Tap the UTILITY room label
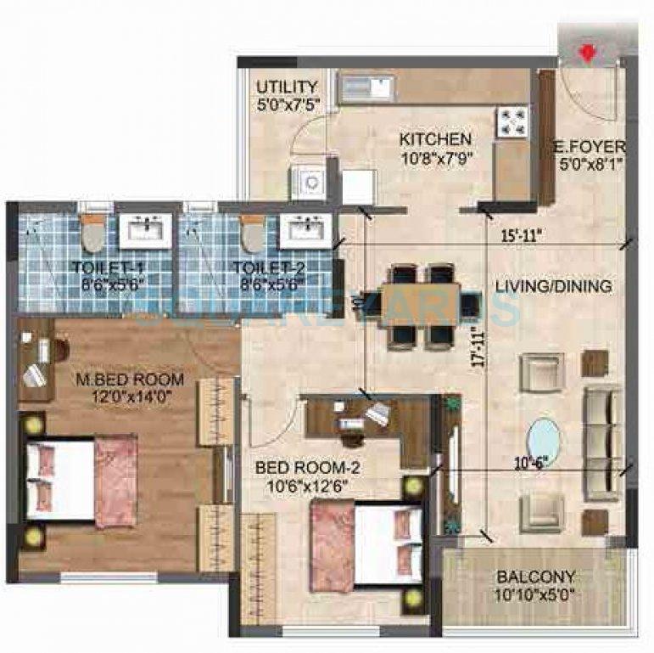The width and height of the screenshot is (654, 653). (x=288, y=87)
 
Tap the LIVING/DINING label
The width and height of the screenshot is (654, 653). (x=553, y=287)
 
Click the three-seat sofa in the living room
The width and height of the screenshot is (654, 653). (x=602, y=442)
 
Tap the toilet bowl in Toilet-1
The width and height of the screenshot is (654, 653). (x=92, y=234)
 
